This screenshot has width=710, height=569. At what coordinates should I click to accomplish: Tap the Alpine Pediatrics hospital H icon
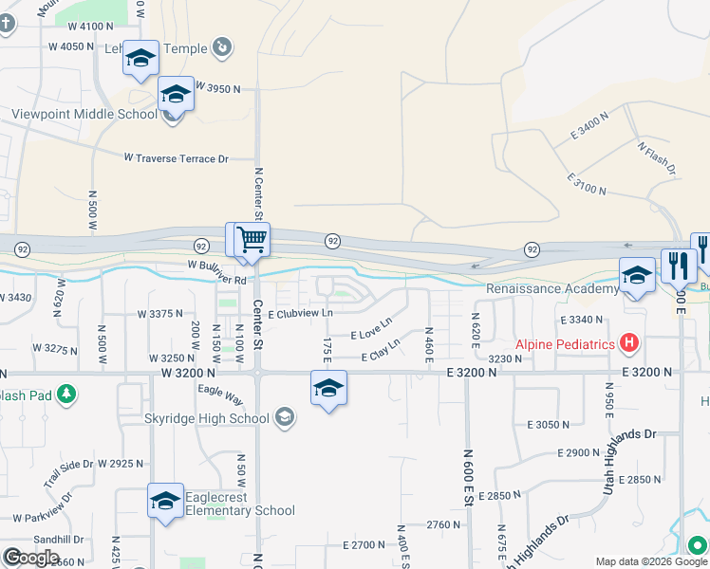click(x=628, y=341)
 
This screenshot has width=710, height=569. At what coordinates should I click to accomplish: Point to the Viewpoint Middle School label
click(x=84, y=115)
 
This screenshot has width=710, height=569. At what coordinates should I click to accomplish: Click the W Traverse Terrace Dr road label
click(x=177, y=158)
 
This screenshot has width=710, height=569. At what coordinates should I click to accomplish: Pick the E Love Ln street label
click(x=371, y=332)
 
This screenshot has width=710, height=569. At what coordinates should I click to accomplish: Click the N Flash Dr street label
click(x=656, y=158)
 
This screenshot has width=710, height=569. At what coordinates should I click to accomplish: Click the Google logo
click(x=31, y=558)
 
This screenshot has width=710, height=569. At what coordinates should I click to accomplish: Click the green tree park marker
click(x=66, y=393)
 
